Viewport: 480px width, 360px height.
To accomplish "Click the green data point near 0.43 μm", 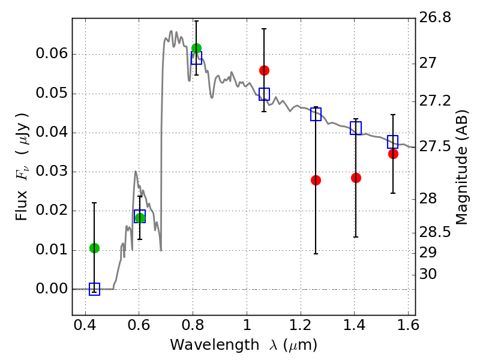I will point(94,248).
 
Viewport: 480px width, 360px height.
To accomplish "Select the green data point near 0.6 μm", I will point(140,218).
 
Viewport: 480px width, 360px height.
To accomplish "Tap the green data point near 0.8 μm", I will point(196,48).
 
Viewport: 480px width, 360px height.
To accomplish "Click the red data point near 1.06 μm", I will point(264,70).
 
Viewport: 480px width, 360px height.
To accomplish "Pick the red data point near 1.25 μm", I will point(316,180).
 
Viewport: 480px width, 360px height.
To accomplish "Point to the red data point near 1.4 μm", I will point(356,178).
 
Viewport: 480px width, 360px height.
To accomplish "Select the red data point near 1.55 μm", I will point(393,154).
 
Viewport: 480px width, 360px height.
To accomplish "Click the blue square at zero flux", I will point(94,289).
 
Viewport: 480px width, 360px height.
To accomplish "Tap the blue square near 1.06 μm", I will point(264,94).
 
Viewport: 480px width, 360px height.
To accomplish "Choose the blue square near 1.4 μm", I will point(356,128).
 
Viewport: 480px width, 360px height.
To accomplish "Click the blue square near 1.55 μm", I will point(393,142).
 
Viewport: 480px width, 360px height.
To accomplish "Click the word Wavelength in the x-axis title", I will point(204,345).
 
